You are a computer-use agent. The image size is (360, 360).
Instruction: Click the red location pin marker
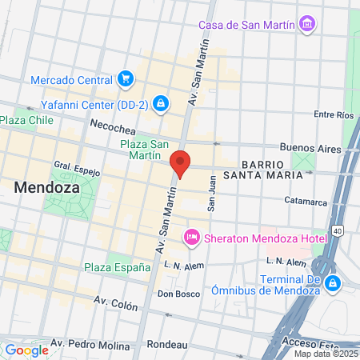(181, 163)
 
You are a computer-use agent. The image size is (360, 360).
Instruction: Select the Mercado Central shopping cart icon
(125, 79)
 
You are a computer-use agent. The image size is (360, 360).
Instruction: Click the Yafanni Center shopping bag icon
(161, 103)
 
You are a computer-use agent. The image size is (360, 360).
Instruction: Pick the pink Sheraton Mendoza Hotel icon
(191, 237)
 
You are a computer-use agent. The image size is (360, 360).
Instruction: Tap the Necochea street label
(112, 126)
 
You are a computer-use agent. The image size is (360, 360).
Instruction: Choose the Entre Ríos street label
(334, 115)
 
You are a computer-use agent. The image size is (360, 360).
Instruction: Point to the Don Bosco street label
(178, 294)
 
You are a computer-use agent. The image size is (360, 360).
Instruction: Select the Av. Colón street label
(116, 303)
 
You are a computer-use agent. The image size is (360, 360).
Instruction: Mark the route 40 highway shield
(338, 231)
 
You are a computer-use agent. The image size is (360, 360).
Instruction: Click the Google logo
(26, 350)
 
